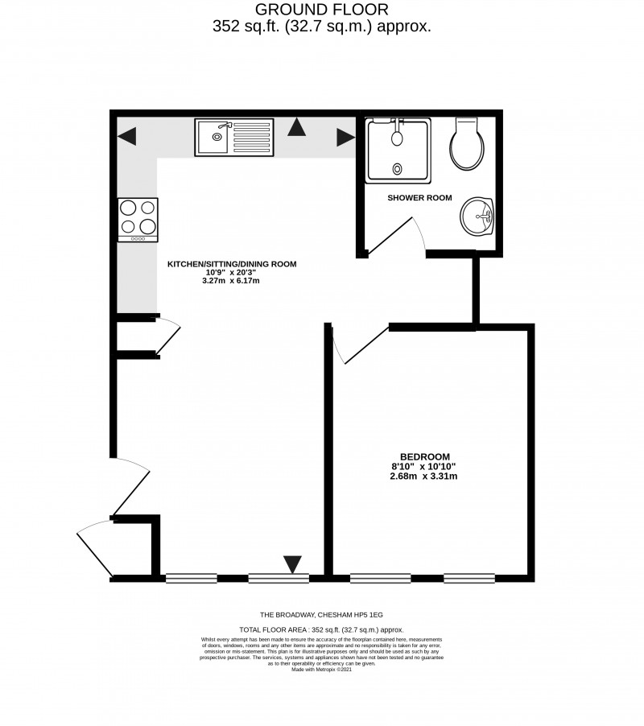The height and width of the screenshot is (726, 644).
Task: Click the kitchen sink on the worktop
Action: click(233, 137)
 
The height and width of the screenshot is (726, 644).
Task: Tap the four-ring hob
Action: click(138, 219)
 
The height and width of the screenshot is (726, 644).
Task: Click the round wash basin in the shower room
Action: click(479, 216)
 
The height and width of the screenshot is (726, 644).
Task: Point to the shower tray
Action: click(398, 150)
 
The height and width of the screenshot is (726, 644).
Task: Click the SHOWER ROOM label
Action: click(419, 198)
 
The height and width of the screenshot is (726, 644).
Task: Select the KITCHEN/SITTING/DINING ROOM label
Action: click(232, 263)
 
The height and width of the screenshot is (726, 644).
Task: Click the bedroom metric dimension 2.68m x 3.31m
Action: click(423, 476)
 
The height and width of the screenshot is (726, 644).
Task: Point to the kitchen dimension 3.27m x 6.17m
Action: click(232, 281)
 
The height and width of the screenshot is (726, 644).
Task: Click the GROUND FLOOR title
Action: click(321, 10)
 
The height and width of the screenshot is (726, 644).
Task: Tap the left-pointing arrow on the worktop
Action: click(127, 137)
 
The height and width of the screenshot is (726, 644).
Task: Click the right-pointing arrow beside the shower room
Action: click(345, 138)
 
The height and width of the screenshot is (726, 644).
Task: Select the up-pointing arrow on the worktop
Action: click(298, 126)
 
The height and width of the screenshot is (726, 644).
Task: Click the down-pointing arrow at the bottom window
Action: click(293, 564)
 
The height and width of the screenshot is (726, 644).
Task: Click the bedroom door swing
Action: click(358, 347)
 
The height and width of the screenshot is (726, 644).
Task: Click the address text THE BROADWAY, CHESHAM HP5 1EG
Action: click(321, 614)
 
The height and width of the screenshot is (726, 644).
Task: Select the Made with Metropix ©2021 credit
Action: click(321, 669)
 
